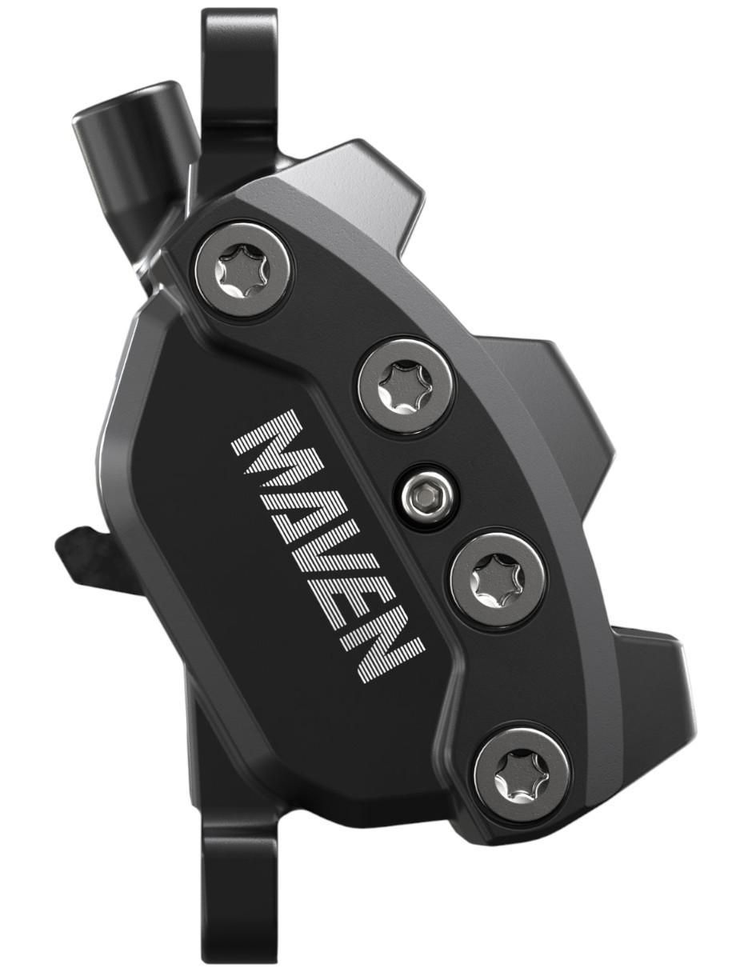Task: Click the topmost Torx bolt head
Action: pyautogui.click(x=244, y=271)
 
